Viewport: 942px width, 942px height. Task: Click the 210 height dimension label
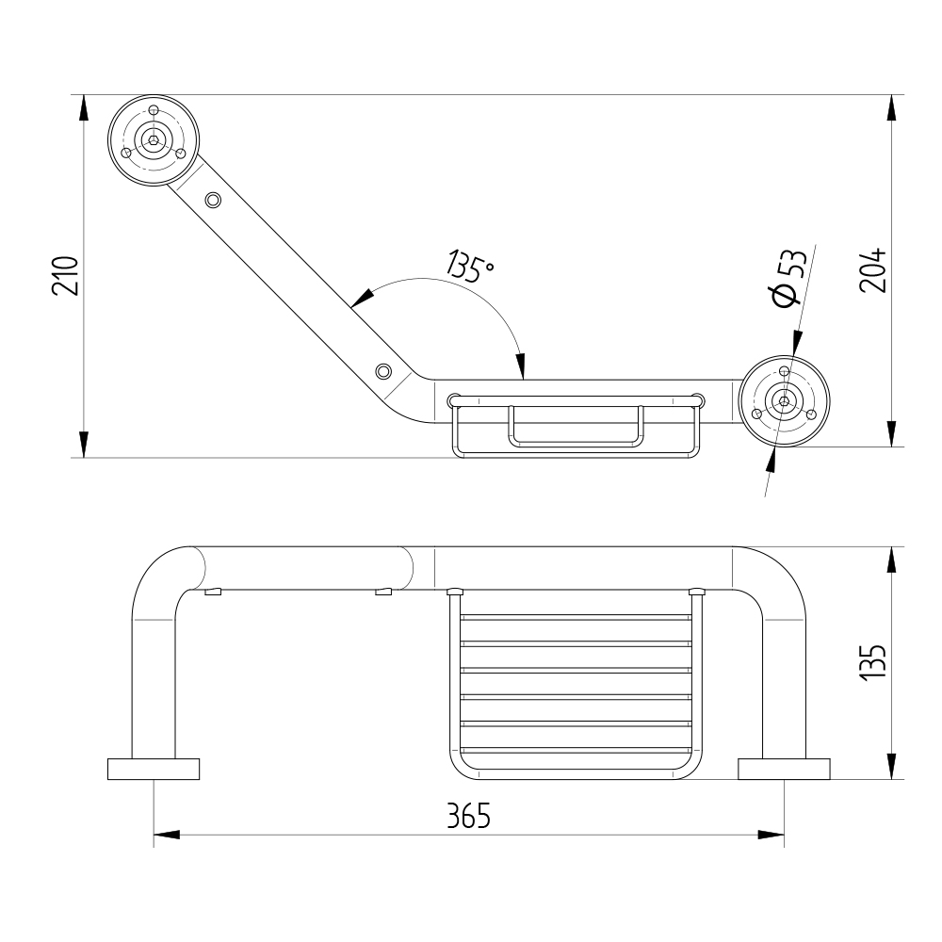pos(66,276)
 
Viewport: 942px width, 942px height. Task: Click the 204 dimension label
pos(873,269)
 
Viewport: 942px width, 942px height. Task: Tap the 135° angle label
pos(470,266)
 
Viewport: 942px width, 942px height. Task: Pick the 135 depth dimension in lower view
pos(873,662)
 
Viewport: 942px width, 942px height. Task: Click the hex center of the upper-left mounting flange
pos(154,140)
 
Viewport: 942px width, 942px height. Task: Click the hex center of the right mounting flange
pos(784,401)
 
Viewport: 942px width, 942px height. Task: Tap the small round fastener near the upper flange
pos(213,200)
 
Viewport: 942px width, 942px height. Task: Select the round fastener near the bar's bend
pos(383,371)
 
